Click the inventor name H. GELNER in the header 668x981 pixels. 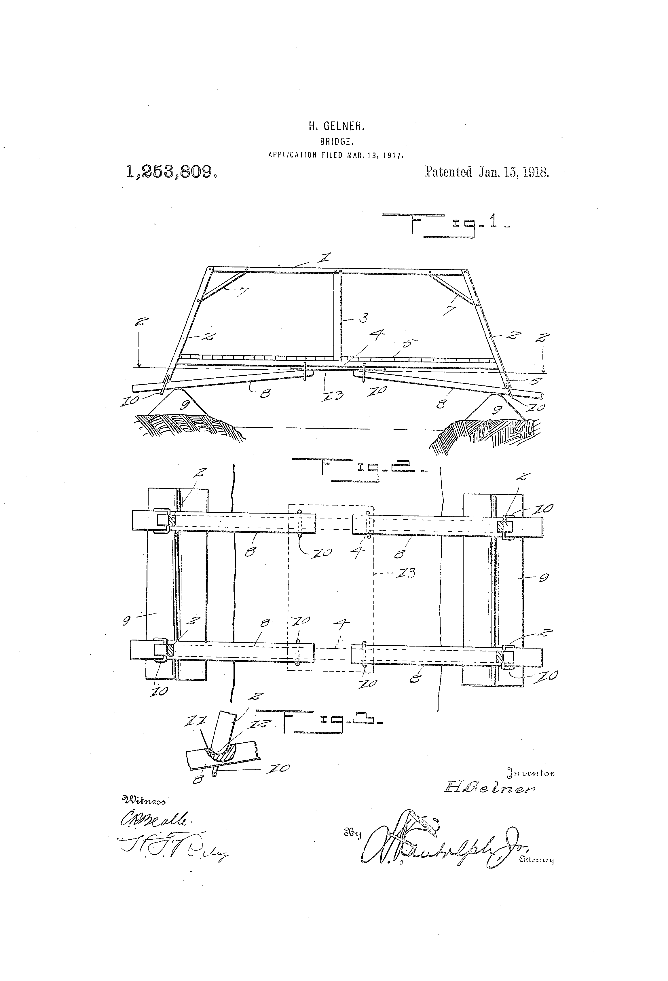coord(336,126)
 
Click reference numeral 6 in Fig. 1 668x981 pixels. coord(536,381)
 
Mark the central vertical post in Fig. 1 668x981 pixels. coord(337,317)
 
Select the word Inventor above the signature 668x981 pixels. coord(530,773)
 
